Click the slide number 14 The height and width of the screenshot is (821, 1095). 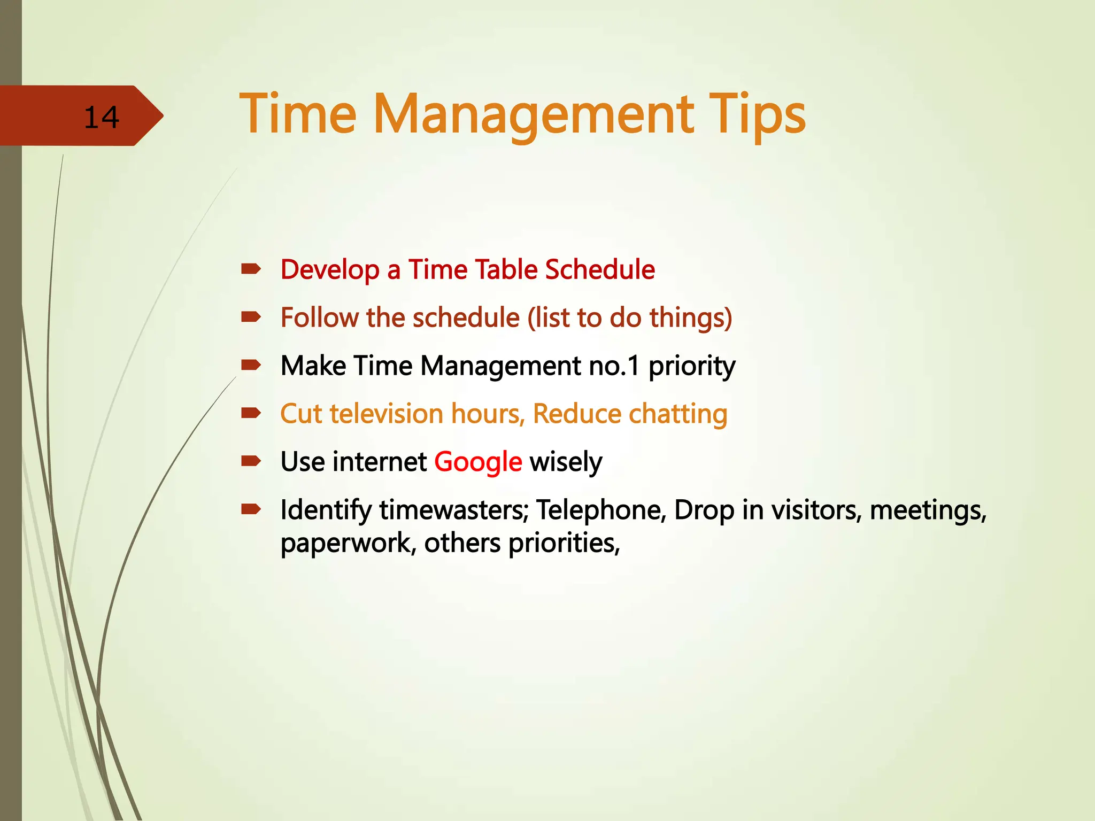[102, 117]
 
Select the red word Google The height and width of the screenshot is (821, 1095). [478, 462]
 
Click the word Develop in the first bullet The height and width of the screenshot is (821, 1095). [330, 269]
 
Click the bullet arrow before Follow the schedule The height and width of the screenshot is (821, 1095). [250, 317]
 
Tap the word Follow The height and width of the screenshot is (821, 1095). [320, 317]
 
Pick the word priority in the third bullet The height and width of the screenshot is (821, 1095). [692, 367]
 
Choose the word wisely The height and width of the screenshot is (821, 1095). [566, 462]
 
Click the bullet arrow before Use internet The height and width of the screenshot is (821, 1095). [250, 461]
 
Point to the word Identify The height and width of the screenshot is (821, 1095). [326, 510]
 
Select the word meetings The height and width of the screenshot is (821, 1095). [928, 510]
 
